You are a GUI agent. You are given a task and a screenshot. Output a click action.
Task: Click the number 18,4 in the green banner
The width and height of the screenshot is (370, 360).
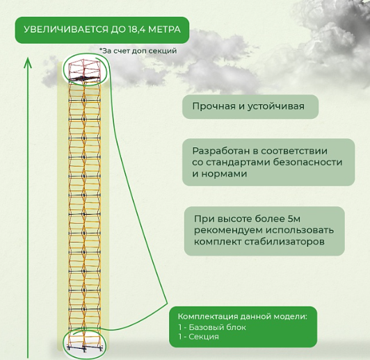136,30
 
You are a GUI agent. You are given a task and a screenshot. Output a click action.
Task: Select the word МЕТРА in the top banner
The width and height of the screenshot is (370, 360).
164,30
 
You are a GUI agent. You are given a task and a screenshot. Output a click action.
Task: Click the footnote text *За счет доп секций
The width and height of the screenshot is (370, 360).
138,51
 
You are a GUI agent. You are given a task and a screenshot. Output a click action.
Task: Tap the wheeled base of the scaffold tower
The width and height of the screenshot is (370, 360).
85,347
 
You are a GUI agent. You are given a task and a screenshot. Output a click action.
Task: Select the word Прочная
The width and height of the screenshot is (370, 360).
214,106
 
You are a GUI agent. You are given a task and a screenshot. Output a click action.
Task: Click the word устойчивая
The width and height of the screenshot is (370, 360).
276,107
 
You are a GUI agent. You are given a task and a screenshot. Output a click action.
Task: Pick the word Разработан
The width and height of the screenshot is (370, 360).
221,151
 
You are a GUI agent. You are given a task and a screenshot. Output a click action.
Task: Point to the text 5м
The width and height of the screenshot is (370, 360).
293,219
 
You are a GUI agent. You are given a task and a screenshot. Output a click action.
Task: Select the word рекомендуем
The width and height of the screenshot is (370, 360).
228,230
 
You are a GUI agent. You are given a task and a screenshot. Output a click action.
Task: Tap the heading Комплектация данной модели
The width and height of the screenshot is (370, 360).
243,316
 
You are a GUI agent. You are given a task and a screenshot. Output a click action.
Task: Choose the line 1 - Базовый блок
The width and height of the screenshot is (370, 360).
212,327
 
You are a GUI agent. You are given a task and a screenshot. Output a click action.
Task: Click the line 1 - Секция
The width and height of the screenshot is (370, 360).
199,336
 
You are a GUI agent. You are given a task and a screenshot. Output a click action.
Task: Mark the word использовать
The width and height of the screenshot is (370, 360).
300,230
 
